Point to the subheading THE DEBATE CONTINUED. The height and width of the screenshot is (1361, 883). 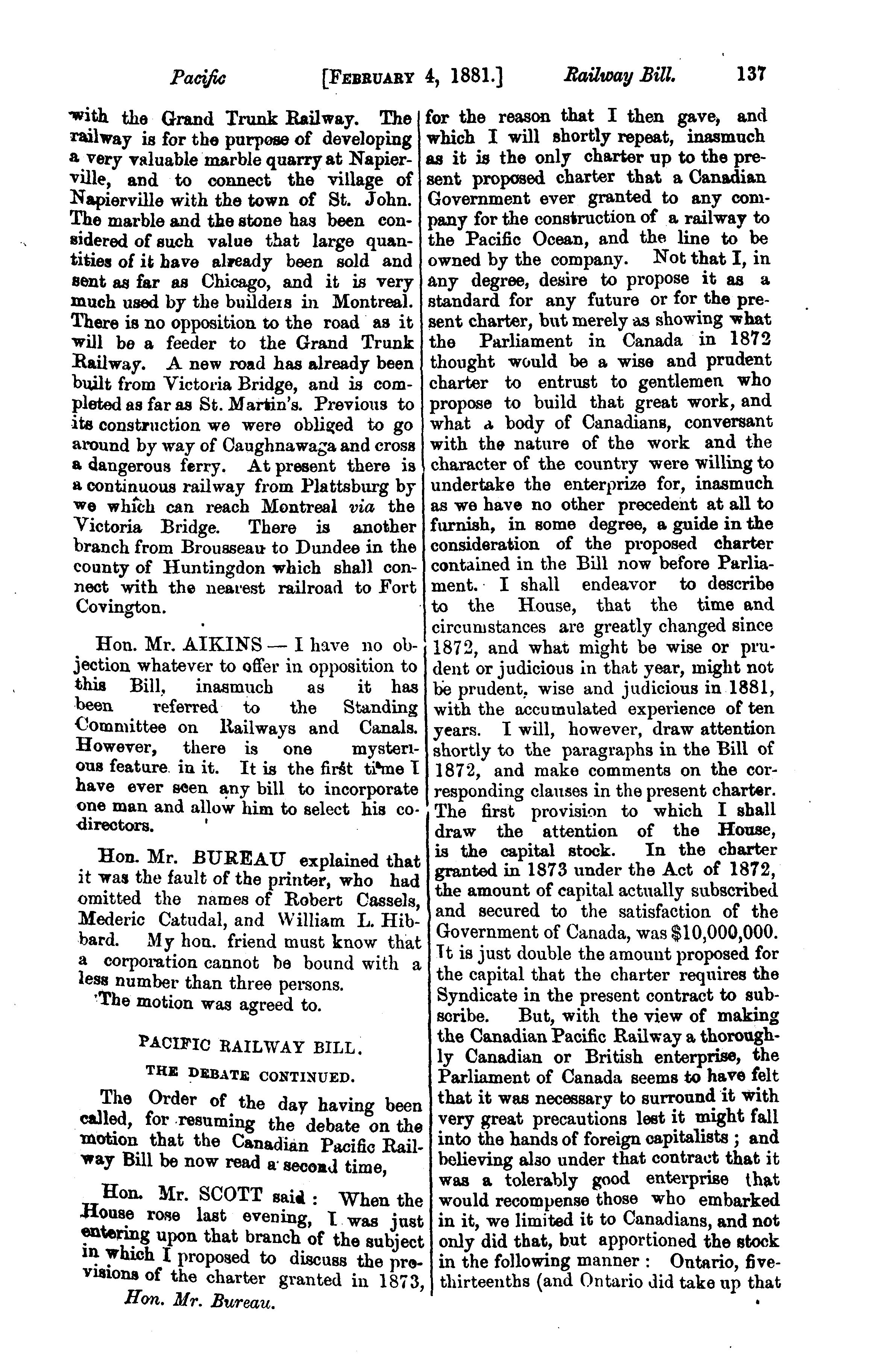250,1078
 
